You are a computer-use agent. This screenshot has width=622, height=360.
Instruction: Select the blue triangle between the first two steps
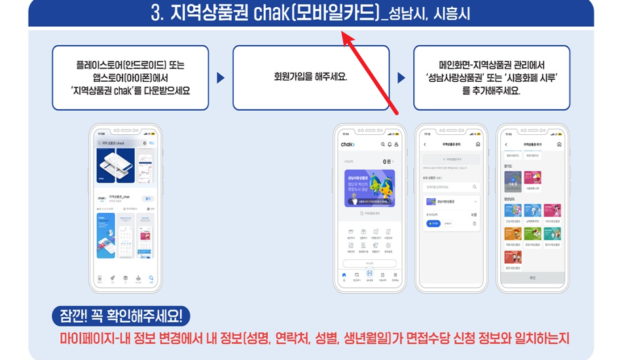tap(221, 78)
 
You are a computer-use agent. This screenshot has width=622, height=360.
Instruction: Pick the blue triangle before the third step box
tap(401, 78)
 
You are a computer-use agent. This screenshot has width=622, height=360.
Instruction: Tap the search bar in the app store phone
tap(120, 143)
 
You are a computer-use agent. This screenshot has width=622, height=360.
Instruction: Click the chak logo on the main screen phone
tap(348, 144)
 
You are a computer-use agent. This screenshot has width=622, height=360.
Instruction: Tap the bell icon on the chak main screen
tap(390, 144)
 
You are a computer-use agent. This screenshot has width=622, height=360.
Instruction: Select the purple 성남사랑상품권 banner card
tap(369, 188)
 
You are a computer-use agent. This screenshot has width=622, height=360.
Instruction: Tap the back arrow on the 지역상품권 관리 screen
tap(424, 144)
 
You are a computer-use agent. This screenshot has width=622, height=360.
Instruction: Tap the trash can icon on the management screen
tap(474, 223)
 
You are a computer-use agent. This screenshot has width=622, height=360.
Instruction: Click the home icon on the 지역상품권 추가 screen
tap(558, 144)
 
